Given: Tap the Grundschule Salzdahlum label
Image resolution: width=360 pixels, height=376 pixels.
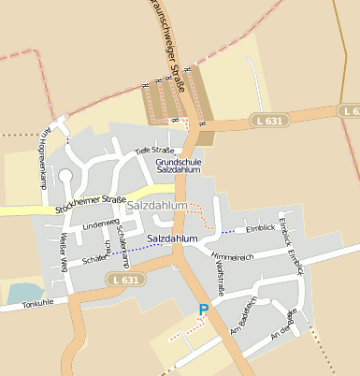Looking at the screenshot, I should [x=179, y=166].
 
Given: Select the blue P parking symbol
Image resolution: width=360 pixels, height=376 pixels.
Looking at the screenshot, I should [x=204, y=310].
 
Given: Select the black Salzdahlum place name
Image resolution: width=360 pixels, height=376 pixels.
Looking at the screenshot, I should [x=173, y=239].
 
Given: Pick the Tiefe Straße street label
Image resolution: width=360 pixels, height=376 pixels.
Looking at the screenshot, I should [x=154, y=150].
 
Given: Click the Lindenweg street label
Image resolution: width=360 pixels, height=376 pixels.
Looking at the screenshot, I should [x=101, y=225].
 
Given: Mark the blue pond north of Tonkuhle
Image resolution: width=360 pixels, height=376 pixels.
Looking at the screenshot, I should [x=23, y=293].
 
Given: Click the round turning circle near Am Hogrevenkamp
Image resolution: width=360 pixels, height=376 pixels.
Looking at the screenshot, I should [x=65, y=175].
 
